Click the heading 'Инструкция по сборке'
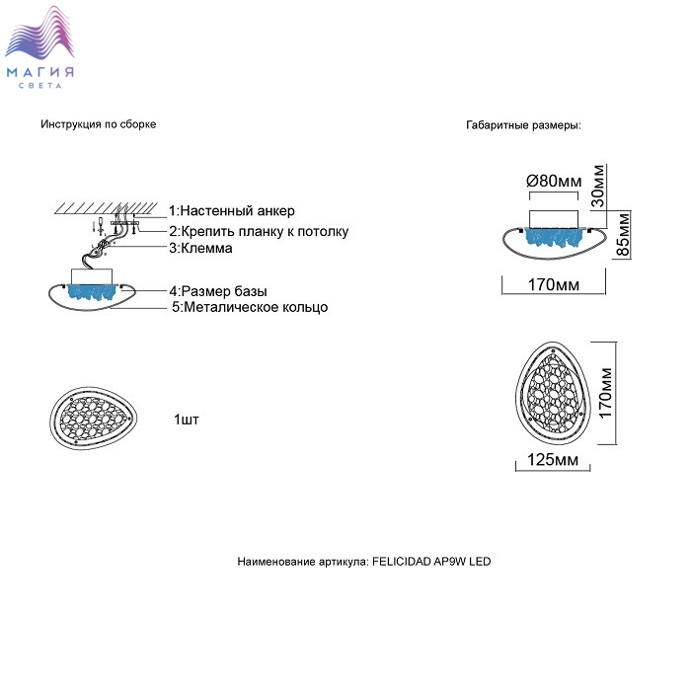99,124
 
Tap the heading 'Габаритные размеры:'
523,125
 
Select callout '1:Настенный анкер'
231,210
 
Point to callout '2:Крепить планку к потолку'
258,232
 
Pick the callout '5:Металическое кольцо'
250,308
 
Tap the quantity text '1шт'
186,420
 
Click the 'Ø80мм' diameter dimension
554,181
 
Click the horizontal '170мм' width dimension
553,285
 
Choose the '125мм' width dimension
553,460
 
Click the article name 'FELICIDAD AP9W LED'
430,562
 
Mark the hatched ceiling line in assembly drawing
104,209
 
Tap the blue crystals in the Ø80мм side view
554,237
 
